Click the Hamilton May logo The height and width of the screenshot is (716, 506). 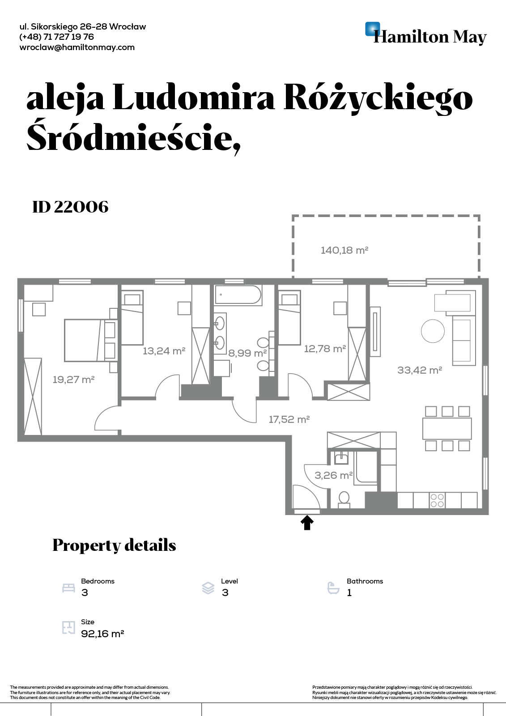426,34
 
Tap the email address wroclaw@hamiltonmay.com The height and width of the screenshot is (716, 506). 77,47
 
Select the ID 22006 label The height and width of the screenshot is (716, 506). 71,207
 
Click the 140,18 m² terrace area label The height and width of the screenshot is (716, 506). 344,250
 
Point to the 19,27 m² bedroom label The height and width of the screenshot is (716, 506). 73,379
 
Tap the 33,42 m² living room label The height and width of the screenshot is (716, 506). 420,370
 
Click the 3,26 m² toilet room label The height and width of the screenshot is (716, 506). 334,475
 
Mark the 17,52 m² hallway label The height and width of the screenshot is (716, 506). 289,419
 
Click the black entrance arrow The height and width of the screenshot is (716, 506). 307,523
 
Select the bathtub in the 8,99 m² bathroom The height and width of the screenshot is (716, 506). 238,295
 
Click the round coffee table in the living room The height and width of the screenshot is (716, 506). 433,331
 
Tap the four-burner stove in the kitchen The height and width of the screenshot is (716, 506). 437,500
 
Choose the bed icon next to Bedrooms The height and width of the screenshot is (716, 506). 68,588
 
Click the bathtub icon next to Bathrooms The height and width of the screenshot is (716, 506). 333,588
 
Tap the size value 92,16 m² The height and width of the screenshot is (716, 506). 102,634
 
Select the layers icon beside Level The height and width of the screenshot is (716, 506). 208,588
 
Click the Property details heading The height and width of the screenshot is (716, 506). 114,546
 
